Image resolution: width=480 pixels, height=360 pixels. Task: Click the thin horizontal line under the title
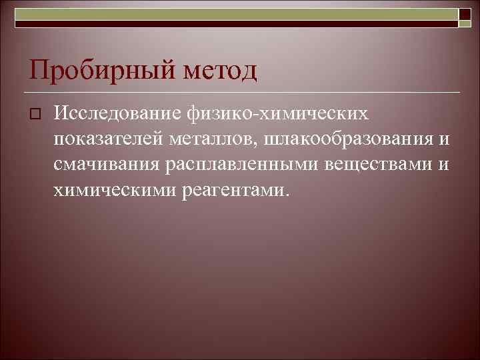[240, 91]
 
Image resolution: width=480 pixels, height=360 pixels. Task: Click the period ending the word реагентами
[287, 195]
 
